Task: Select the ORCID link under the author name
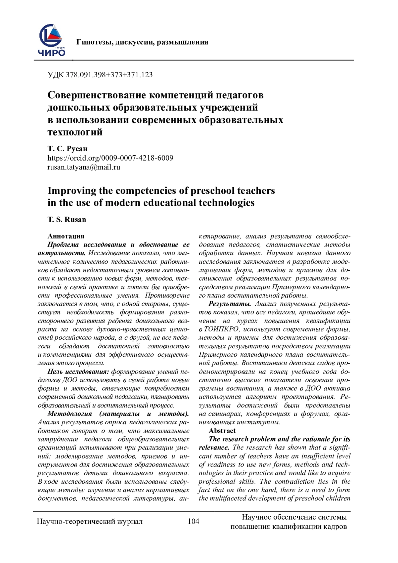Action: (x=110, y=158)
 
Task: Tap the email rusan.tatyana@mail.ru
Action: (x=84, y=167)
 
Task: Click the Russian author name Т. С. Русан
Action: (x=67, y=149)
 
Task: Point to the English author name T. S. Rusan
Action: (x=67, y=219)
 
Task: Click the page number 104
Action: (x=193, y=521)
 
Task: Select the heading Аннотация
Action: (x=66, y=236)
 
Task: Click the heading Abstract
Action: (x=222, y=431)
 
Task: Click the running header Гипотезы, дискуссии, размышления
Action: (x=142, y=42)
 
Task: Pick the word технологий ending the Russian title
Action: (x=75, y=132)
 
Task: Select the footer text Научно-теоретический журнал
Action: (x=90, y=522)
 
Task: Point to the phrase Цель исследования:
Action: (x=78, y=372)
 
